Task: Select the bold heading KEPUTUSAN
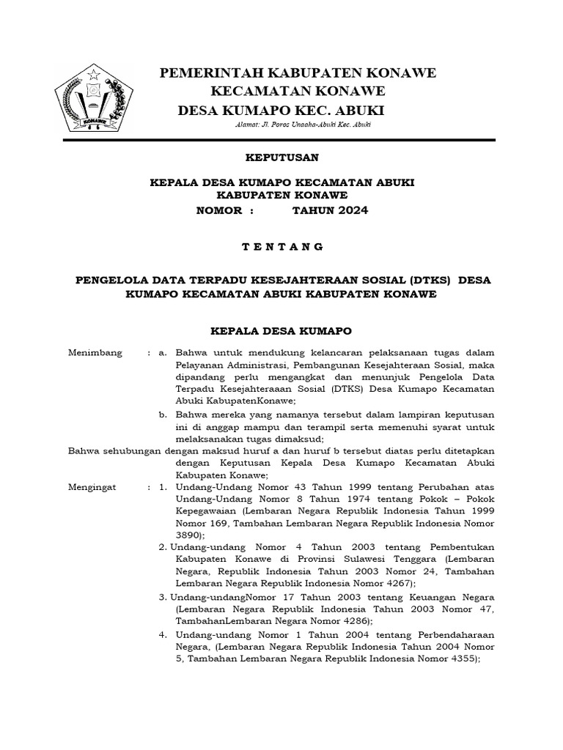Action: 281,157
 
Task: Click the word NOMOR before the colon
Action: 219,210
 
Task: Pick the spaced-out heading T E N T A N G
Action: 282,247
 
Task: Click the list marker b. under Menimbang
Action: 163,415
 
